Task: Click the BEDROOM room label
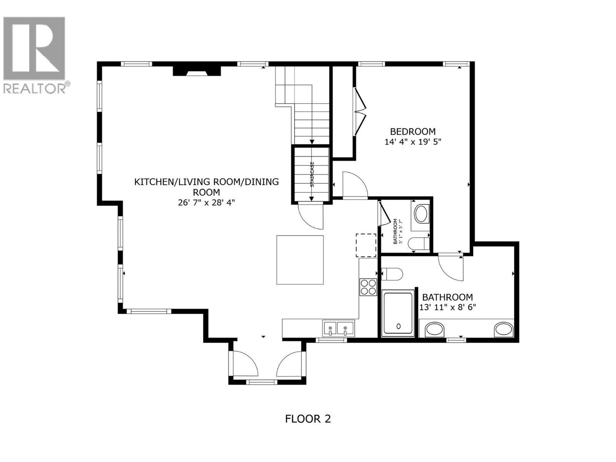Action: coord(413,132)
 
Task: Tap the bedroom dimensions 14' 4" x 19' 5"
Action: coord(413,142)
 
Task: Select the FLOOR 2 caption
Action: coord(308,419)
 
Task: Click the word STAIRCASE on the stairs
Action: coord(312,174)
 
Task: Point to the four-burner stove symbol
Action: coord(368,287)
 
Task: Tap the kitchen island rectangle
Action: coord(300,260)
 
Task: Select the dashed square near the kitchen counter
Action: coord(366,245)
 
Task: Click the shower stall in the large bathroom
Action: coord(398,313)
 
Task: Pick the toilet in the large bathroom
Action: coord(393,274)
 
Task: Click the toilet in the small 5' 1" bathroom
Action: coord(418,243)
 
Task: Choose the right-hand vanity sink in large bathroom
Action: coord(504,330)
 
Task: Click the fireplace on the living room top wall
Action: coord(197,71)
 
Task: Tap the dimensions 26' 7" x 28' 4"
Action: coord(206,203)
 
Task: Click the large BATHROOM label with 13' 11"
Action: coord(447,297)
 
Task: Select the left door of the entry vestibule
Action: coord(244,363)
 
